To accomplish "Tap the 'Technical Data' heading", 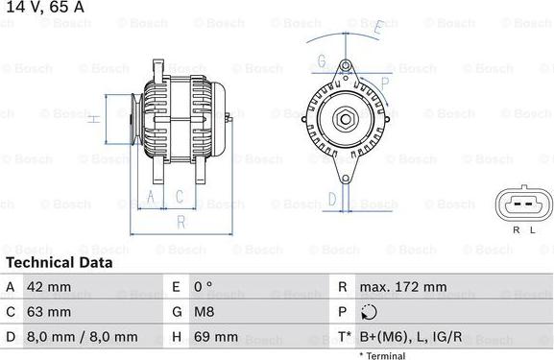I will click(59, 262).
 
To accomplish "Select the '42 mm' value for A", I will click(52, 287).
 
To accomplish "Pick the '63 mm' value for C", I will click(52, 312).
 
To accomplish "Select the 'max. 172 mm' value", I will click(403, 287).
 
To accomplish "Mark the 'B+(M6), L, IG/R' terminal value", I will click(411, 337).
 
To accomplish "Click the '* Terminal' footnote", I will click(382, 355).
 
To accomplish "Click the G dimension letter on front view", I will click(322, 61).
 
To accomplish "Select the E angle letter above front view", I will click(378, 29).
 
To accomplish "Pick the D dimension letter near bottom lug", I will click(332, 200).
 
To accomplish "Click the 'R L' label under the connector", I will click(522, 231).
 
